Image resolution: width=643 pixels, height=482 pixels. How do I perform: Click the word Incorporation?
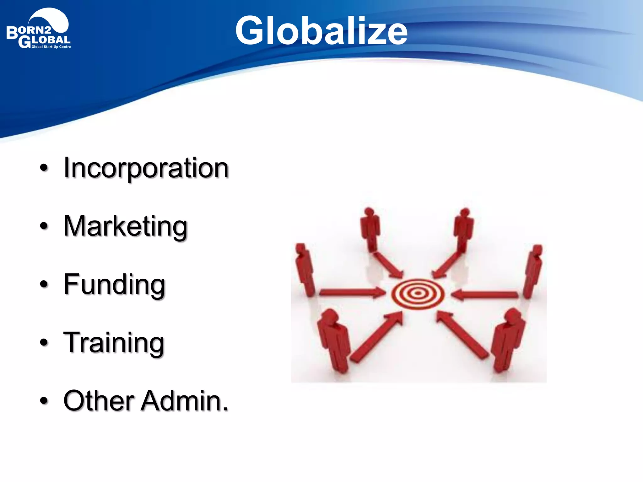(x=146, y=169)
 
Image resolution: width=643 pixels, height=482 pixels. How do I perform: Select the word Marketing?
(x=126, y=227)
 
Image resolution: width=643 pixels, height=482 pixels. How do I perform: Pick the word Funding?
(x=114, y=285)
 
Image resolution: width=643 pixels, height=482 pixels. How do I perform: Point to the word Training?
(x=114, y=343)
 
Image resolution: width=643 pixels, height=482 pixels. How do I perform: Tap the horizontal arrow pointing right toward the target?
(x=352, y=293)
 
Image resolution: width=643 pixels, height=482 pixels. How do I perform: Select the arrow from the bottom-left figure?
(x=377, y=337)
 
